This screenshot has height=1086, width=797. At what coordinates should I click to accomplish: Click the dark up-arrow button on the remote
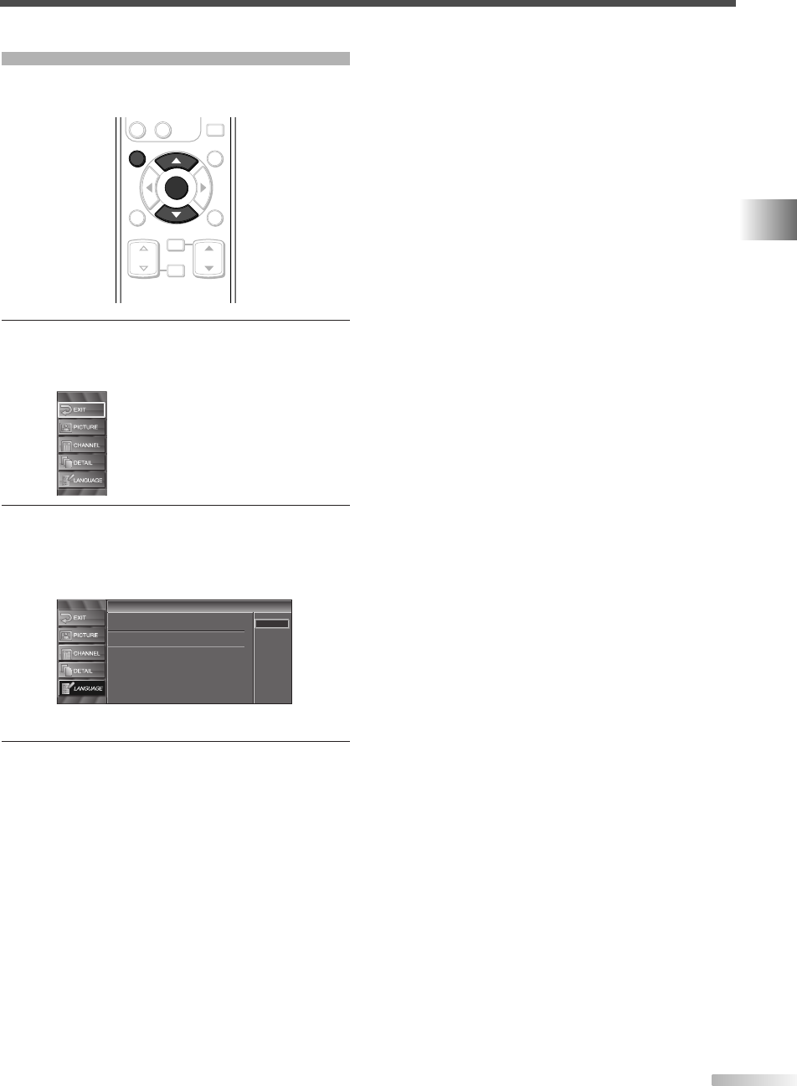pos(175,160)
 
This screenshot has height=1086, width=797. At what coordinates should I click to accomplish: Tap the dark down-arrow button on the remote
pos(175,215)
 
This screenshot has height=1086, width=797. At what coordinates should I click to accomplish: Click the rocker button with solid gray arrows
pos(209,257)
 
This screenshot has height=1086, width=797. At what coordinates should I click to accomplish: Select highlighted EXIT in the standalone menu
pos(81,409)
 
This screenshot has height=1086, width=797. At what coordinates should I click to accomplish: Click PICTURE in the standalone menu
pos(81,427)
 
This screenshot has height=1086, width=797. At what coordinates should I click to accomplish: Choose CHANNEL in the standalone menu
pos(81,445)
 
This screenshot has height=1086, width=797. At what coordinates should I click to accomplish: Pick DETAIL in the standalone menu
pos(81,462)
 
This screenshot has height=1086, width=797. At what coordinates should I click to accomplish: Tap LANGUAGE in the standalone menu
pos(81,481)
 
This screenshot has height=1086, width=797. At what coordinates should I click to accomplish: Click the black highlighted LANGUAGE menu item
pos(81,688)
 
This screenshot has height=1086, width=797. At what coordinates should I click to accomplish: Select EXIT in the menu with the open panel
pos(81,618)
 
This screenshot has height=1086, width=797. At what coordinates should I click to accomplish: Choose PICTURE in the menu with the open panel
pos(81,636)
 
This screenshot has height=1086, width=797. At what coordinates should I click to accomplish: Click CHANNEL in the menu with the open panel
pos(81,653)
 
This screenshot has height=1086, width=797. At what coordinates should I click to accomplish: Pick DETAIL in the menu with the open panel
pos(81,671)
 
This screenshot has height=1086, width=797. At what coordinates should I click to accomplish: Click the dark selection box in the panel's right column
pos(272,623)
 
